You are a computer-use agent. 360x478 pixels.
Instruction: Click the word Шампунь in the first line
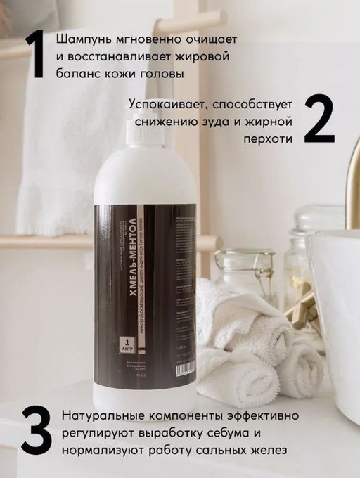[83, 38]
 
